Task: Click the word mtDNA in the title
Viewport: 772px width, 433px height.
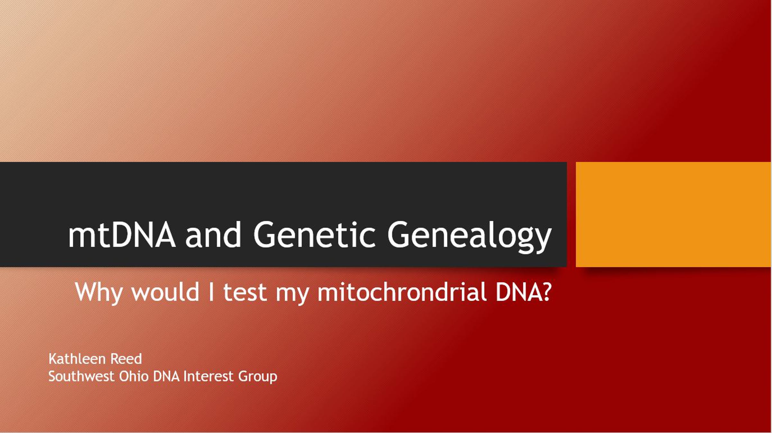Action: click(x=122, y=235)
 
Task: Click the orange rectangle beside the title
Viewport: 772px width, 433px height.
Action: click(x=674, y=214)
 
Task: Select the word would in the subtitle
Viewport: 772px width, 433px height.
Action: click(x=165, y=292)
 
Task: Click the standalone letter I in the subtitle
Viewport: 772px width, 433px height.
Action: click(x=211, y=292)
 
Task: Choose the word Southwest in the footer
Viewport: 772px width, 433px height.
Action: click(x=81, y=376)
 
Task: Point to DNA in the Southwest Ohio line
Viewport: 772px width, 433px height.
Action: click(x=166, y=376)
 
